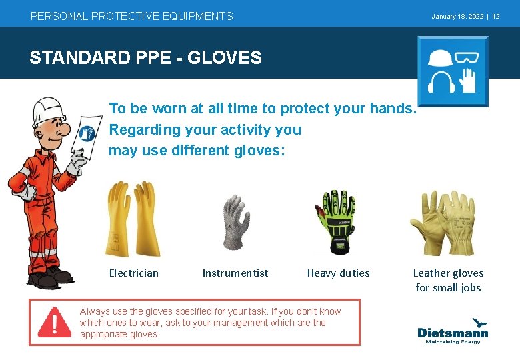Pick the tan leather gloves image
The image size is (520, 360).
pos(444,221)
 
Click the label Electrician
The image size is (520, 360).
pos(134,273)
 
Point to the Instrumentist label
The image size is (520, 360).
pos(235,273)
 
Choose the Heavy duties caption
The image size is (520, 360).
pos(338,273)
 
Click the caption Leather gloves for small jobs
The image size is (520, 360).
pos(448,280)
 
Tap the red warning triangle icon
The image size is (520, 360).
pos(55,323)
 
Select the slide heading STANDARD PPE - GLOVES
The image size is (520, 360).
pos(145,58)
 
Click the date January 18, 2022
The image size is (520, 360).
pos(457,16)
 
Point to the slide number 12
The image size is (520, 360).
pos(496,16)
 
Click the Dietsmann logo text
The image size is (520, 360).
pos(453,332)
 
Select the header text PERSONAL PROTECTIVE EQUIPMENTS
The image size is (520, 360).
pos(132,16)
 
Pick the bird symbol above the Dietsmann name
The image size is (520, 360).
pos(478,323)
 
